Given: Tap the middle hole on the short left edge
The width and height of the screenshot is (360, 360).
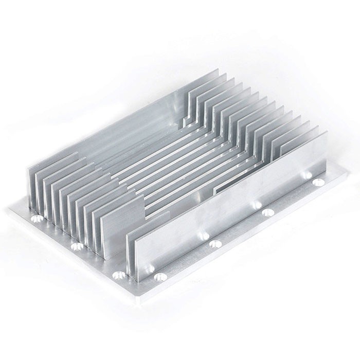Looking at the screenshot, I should [x=77, y=246].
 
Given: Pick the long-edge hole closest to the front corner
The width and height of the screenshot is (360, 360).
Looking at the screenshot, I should [x=160, y=277].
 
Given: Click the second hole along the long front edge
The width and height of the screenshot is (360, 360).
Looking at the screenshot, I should [x=215, y=243].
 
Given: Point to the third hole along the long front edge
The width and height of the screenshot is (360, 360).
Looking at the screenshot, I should [x=267, y=212].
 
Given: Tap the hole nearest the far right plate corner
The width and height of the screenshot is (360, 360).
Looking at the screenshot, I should [x=318, y=182].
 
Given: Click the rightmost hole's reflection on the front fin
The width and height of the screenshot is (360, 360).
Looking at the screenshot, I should [x=308, y=175].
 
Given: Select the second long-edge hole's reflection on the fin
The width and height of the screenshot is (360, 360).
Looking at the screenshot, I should [x=204, y=236].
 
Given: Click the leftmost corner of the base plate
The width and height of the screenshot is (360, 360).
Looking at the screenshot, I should [x=9, y=209].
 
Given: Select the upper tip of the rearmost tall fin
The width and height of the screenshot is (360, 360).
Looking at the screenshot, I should [x=224, y=75].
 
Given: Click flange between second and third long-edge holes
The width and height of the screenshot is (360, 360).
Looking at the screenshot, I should [x=242, y=231].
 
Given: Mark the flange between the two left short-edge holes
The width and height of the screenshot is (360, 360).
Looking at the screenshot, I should [x=57, y=234].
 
